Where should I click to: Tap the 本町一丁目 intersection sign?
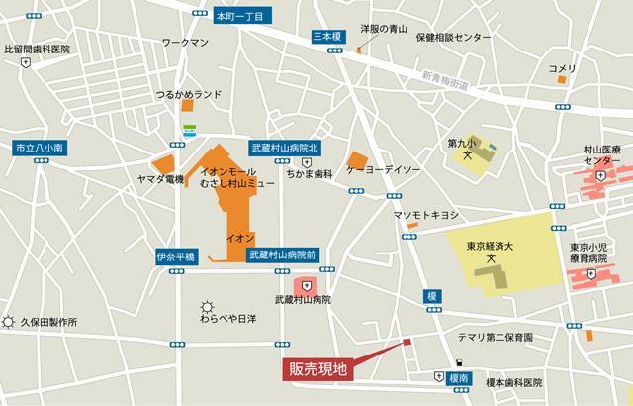[x=241, y=16]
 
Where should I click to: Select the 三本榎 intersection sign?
[x=326, y=35]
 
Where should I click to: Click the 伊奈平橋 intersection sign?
[x=176, y=255]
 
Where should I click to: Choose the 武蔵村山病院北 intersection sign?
[x=286, y=147]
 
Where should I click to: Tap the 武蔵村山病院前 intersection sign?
[x=283, y=254]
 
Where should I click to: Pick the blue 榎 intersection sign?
[x=432, y=295]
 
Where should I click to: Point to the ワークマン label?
[x=187, y=43]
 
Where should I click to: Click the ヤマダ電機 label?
[x=160, y=179]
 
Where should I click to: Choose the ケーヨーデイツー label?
[x=384, y=170]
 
